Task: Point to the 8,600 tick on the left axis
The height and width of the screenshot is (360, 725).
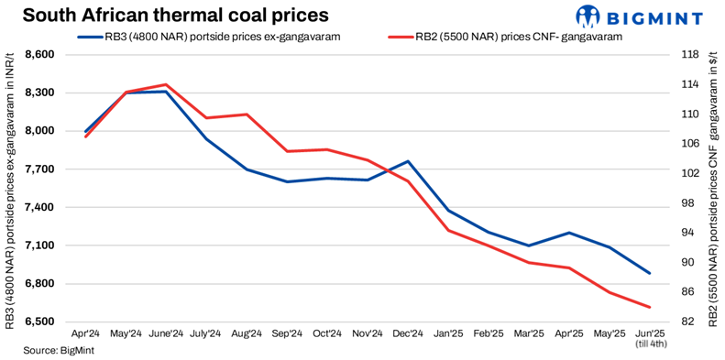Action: tap(38, 55)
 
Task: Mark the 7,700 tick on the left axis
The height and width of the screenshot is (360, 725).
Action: tap(38, 169)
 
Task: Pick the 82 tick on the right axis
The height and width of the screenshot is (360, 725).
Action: tap(689, 322)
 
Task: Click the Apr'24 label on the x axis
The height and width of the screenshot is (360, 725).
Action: tap(85, 334)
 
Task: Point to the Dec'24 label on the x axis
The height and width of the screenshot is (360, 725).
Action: tap(408, 334)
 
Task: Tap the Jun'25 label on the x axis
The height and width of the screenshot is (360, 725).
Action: tap(650, 334)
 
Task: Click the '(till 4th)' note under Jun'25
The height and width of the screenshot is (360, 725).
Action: tap(650, 345)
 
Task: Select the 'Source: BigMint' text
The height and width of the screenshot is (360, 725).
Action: tap(54, 351)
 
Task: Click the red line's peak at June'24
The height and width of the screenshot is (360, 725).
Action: tap(166, 84)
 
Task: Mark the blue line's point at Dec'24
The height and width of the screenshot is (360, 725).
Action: tap(408, 161)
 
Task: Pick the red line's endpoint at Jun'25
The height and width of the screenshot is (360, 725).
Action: tap(650, 307)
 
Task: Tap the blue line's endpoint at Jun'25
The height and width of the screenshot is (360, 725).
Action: tap(650, 273)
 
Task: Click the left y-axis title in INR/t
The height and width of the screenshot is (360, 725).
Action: tap(10, 188)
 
